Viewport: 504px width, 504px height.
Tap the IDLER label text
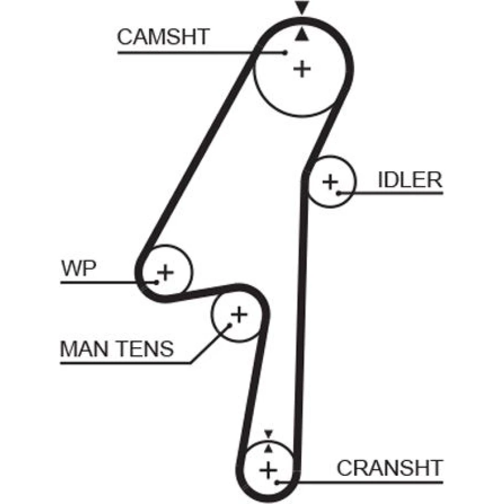pyautogui.click(x=410, y=180)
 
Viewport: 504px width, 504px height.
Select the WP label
pyautogui.click(x=78, y=269)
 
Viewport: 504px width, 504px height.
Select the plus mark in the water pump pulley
pyautogui.click(x=165, y=273)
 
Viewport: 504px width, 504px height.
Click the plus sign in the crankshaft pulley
pyautogui.click(x=268, y=471)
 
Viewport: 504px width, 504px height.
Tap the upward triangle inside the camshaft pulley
pyautogui.click(x=301, y=34)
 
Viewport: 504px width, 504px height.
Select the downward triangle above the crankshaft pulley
pyautogui.click(x=268, y=433)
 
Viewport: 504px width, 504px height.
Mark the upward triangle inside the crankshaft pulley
pyautogui.click(x=268, y=447)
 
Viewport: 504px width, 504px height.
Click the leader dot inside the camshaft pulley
pyautogui.click(x=286, y=52)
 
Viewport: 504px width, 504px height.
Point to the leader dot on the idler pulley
pyautogui.click(x=339, y=193)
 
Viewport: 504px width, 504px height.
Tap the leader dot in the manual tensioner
pyautogui.click(x=229, y=325)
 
